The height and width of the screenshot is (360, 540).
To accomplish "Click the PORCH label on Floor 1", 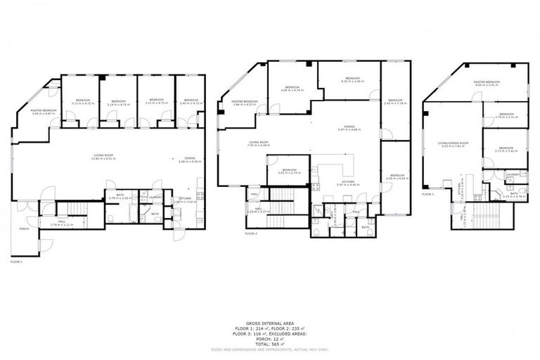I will pyautogui.click(x=24, y=229).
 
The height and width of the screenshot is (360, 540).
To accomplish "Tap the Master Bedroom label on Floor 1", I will pyautogui.click(x=44, y=110).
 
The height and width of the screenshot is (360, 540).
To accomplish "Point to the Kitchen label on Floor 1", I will pyautogui.click(x=184, y=198).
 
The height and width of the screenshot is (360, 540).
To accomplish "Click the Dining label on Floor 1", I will pyautogui.click(x=191, y=157).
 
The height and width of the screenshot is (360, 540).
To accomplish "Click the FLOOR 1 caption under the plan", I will pyautogui.click(x=17, y=261).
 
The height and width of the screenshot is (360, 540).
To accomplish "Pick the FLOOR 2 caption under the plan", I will pyautogui.click(x=252, y=233).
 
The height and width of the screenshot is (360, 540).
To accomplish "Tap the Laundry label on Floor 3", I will pyautogui.click(x=512, y=174).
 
